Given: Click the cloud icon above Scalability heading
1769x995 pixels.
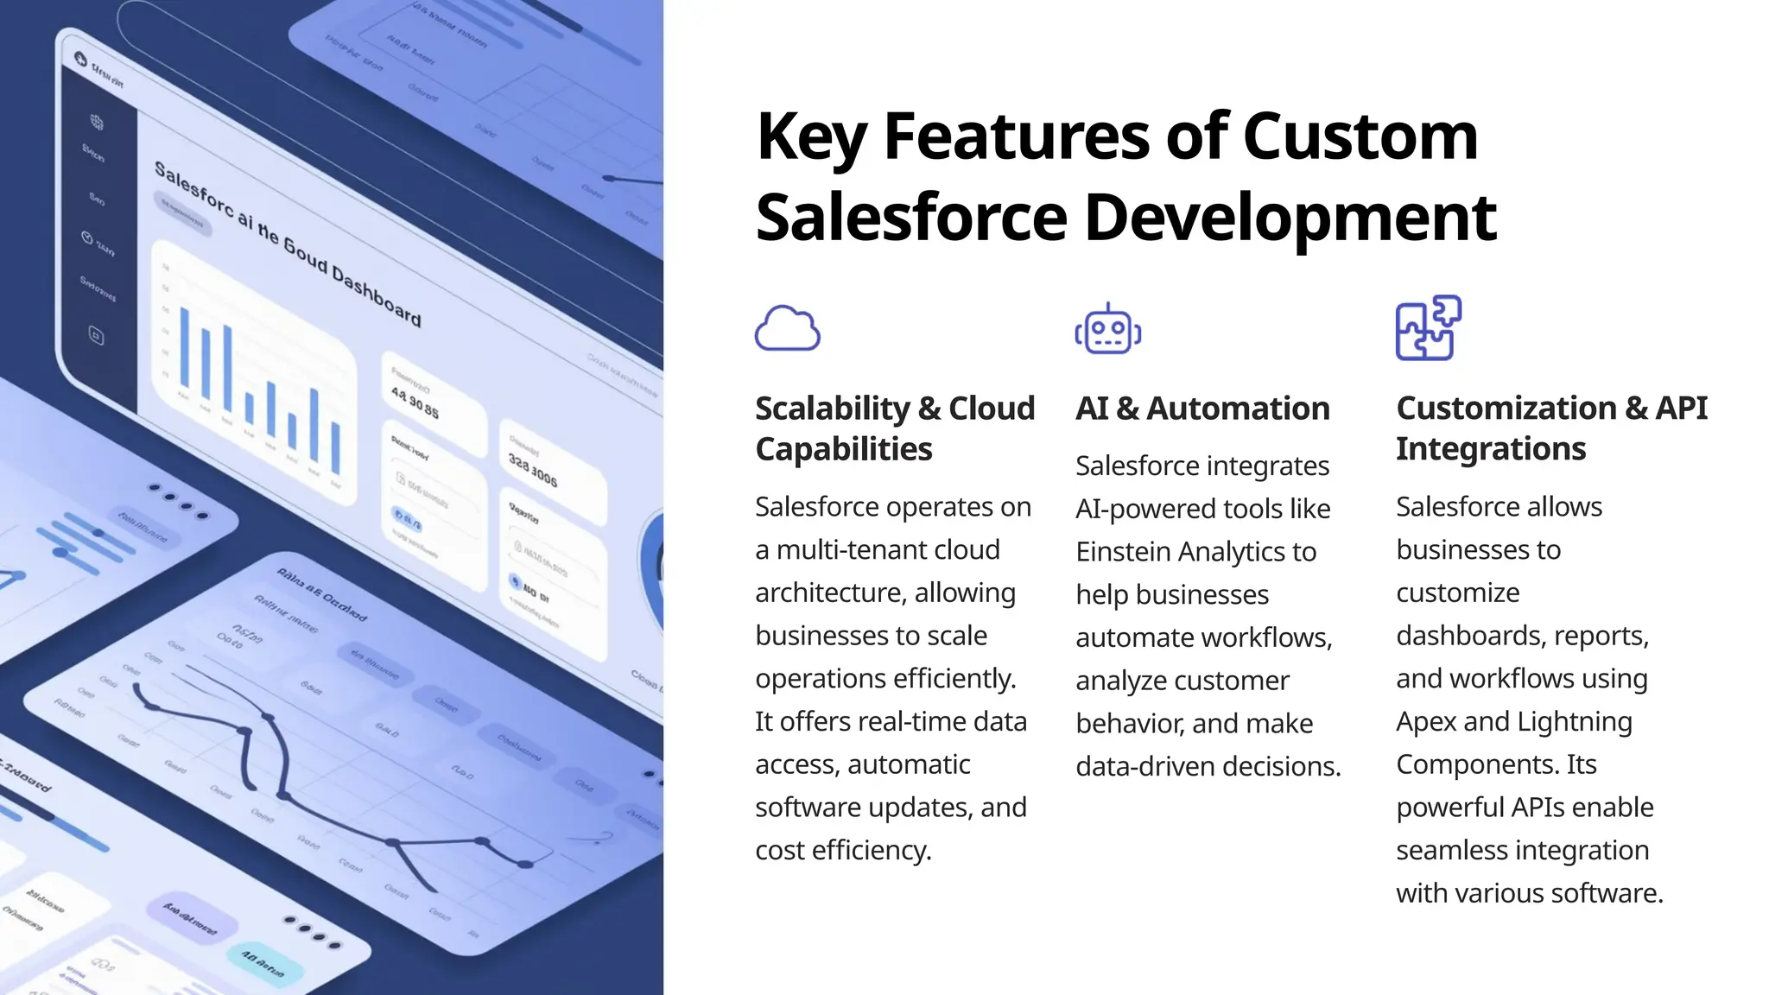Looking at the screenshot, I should (x=787, y=328).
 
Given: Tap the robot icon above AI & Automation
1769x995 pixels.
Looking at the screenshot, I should (x=1108, y=329).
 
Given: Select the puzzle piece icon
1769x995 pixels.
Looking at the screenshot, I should (x=1429, y=328).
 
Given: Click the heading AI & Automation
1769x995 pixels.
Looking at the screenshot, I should (x=1202, y=409).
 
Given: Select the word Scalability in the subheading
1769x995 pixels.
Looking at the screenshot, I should (x=833, y=409).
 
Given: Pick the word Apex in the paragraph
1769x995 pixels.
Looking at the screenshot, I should (x=1426, y=722).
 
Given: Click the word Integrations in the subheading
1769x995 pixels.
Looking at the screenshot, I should (x=1491, y=449).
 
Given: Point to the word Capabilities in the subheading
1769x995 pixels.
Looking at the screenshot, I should (x=843, y=449).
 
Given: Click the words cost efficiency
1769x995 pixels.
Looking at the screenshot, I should (x=842, y=851).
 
